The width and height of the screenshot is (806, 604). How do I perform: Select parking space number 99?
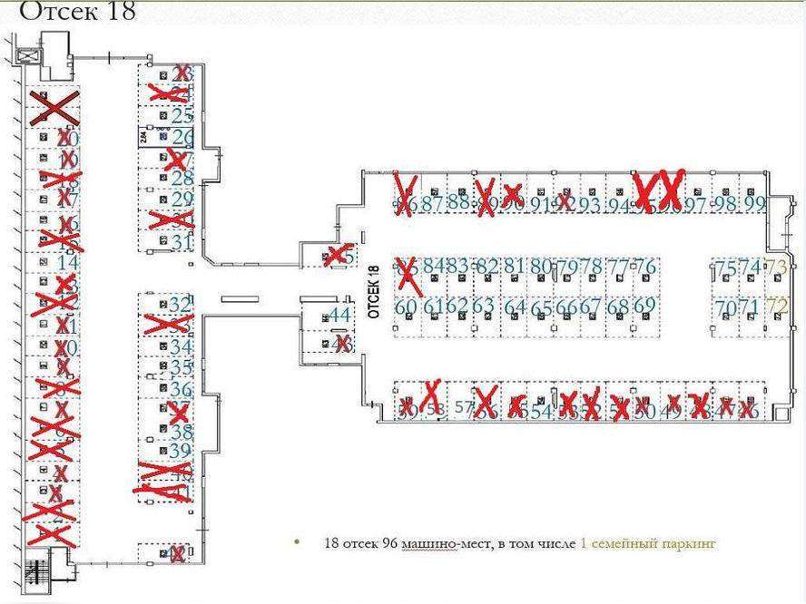pos(753,204)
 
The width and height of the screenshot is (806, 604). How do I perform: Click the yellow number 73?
pos(776,267)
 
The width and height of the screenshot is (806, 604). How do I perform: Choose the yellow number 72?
pos(777,307)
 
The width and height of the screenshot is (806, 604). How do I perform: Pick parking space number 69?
pos(644,307)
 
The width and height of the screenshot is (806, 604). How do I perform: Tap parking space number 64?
pos(515,307)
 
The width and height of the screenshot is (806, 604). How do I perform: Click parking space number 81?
pos(514,267)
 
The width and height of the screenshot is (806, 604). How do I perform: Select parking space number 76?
pos(644,267)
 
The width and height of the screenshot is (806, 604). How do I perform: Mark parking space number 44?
pos(339,315)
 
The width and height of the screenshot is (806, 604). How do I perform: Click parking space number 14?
pos(67,262)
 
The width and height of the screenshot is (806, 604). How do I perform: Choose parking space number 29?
pos(182,200)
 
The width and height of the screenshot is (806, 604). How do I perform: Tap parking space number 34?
pos(182,346)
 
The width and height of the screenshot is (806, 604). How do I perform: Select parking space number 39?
pos(181,450)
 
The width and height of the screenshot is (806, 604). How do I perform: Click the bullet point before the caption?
pos(295,542)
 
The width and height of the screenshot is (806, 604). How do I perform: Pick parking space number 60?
pos(406,307)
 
